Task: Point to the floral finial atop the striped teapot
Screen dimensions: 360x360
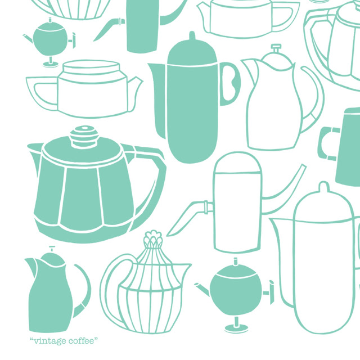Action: [x=153, y=238]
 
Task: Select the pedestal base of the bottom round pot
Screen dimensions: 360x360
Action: [x=236, y=326]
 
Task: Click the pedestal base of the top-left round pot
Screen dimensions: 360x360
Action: [x=51, y=63]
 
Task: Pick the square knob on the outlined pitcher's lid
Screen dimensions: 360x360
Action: [x=276, y=48]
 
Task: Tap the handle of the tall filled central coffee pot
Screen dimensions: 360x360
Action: [x=230, y=84]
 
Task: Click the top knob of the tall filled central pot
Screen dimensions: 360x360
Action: [x=192, y=36]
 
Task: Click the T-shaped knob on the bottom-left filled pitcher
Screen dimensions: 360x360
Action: [x=52, y=249]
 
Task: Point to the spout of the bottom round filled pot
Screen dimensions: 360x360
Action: [x=202, y=289]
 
